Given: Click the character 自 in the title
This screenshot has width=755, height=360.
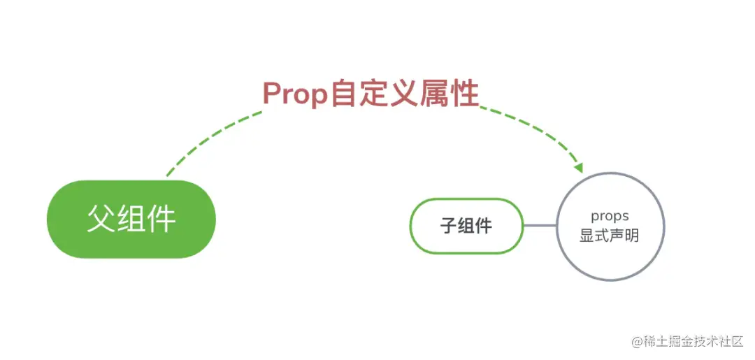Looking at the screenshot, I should coord(343,94).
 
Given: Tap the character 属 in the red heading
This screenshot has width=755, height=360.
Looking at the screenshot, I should coord(435,94).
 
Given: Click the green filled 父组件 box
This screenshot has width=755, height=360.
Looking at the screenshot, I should coord(131,219).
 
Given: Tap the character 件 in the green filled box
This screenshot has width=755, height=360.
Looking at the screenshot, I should coord(161,219).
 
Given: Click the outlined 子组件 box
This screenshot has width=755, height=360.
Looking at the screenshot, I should coord(466,226).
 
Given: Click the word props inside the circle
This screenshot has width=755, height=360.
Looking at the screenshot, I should coord(610,216).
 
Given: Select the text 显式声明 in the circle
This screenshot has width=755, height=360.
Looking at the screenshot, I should coord(610,236).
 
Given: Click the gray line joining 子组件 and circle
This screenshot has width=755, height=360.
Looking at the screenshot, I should coord(540,225).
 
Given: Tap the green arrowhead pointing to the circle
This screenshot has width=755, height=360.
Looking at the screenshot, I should coord(577,168).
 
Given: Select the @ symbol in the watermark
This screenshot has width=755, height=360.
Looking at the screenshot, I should coord(637,341).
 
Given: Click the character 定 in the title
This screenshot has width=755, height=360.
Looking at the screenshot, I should coord(374,94).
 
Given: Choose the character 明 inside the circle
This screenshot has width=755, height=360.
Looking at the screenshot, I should coord(632,236).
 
